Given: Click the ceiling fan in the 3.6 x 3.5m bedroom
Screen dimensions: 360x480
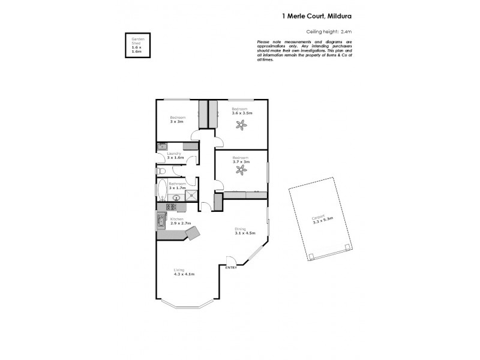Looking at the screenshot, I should [242, 125].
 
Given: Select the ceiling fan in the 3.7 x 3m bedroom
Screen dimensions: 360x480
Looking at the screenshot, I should [242, 170].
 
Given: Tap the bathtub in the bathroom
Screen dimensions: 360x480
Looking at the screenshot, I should [162, 191].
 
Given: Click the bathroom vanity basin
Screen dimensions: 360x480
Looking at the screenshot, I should [177, 197].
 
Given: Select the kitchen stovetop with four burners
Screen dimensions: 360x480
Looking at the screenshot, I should [170, 207].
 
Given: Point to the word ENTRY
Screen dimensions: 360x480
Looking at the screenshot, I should [231, 268].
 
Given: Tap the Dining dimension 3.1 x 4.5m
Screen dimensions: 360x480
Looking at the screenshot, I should [245, 233].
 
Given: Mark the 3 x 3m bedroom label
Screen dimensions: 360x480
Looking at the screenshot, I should [176, 121].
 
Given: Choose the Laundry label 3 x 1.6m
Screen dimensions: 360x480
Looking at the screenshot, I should [175, 157].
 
